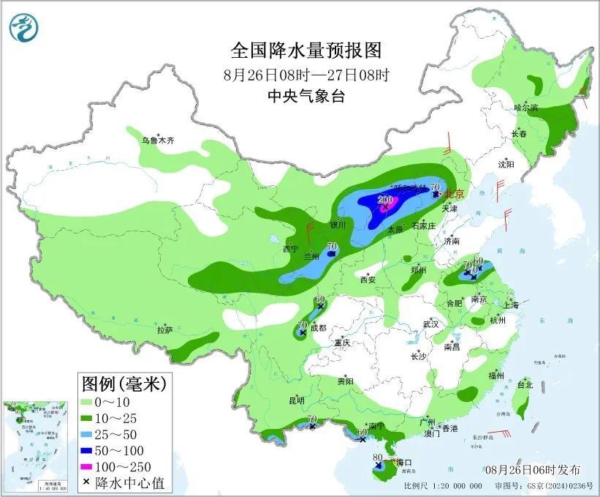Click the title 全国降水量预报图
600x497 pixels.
coord(306,51)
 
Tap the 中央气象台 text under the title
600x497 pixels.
coord(306,96)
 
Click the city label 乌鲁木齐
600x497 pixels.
coord(159,139)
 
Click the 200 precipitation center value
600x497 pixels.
coord(385,199)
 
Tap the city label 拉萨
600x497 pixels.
coord(165,330)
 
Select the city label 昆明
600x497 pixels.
coord(297,400)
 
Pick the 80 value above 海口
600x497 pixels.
coord(377,458)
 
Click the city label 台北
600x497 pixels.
coord(525,384)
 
